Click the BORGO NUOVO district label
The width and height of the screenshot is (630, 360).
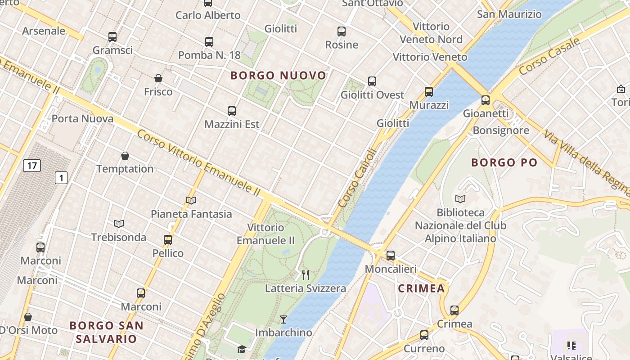click(x=278, y=76)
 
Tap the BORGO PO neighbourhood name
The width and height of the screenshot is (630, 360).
click(x=504, y=163)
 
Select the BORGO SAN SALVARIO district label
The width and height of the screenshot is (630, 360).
click(x=107, y=332)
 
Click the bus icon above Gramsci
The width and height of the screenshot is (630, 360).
click(x=112, y=37)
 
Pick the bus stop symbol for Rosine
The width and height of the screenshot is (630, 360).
click(x=342, y=31)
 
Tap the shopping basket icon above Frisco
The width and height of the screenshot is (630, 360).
click(x=158, y=78)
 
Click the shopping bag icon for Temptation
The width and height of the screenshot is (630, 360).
click(x=125, y=156)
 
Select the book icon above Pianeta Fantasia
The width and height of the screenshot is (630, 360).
click(x=191, y=200)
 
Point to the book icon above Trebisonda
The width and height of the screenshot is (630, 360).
click(x=119, y=224)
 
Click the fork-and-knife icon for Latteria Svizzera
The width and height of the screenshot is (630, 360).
click(x=306, y=274)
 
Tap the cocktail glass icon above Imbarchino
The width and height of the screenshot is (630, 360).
click(x=283, y=319)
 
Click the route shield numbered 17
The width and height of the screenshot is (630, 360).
click(x=32, y=166)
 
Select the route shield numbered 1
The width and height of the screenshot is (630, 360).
click(x=61, y=178)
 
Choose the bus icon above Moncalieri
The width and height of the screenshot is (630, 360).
click(x=391, y=256)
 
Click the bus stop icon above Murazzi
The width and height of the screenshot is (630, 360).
click(x=429, y=92)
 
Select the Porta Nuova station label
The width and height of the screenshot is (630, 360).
click(x=82, y=119)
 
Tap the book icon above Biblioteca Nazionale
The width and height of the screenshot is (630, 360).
click(x=460, y=199)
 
